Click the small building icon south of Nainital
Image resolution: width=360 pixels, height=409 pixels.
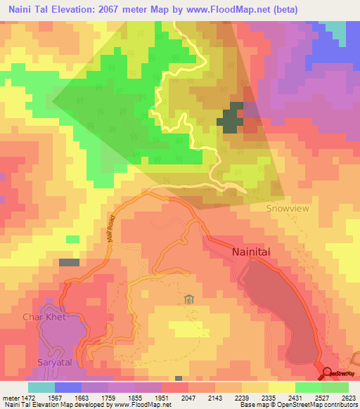coord(188,300)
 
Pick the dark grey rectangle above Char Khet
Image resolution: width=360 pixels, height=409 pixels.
coord(69,262)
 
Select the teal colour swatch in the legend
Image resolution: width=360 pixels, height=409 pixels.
coord(41,387)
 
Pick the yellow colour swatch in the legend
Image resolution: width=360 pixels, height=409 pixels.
coord(281,387)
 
